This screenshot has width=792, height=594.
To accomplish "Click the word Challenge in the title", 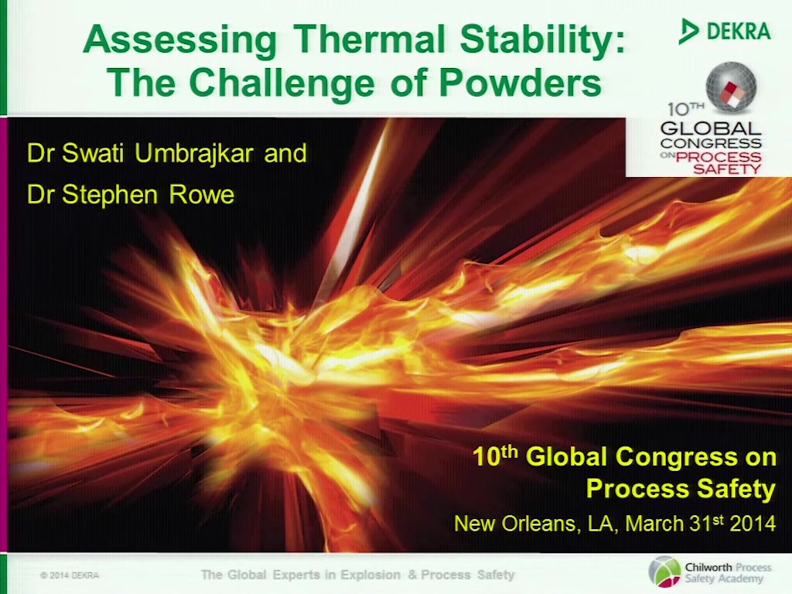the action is tap(282, 84).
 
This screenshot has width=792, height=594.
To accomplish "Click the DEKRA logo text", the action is tap(739, 31).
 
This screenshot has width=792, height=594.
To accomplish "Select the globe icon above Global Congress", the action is tap(731, 87).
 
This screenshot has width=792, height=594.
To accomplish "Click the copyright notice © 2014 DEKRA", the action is tap(70, 575).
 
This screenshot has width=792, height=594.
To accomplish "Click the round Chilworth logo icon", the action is tap(664, 572).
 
